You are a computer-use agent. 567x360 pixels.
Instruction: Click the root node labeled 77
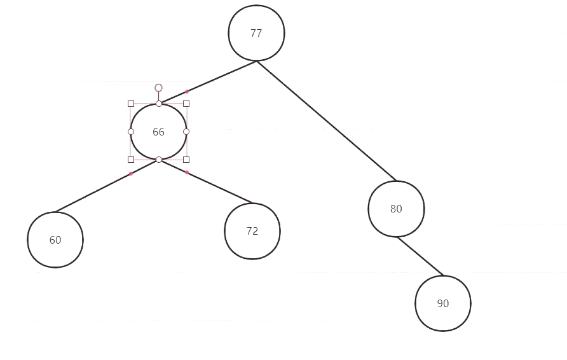click(256, 34)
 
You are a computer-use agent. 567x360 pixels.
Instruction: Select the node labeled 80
click(396, 209)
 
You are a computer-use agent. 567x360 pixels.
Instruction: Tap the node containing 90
click(443, 303)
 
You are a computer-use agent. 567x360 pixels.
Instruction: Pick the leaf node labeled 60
click(55, 240)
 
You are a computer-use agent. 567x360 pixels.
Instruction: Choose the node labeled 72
click(252, 231)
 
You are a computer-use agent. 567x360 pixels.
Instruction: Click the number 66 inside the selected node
click(158, 132)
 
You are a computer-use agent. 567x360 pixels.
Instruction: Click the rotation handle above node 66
click(158, 87)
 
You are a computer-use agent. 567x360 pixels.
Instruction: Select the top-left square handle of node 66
click(131, 104)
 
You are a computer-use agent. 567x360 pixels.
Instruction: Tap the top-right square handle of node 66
click(186, 104)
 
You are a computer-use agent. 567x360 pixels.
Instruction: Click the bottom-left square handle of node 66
click(131, 160)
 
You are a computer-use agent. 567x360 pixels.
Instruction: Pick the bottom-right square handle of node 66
click(186, 160)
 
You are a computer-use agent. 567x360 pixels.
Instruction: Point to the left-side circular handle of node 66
click(131, 132)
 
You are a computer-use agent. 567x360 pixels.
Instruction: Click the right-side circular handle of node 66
click(186, 132)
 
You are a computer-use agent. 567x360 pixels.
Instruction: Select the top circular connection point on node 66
click(159, 104)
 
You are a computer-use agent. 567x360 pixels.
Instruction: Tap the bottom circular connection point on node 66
click(159, 160)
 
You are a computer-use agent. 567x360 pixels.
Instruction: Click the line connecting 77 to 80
click(326, 121)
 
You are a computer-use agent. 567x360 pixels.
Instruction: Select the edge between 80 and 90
click(420, 256)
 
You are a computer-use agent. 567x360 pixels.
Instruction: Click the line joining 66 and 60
click(95, 191)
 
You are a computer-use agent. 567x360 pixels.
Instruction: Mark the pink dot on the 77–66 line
click(187, 92)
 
